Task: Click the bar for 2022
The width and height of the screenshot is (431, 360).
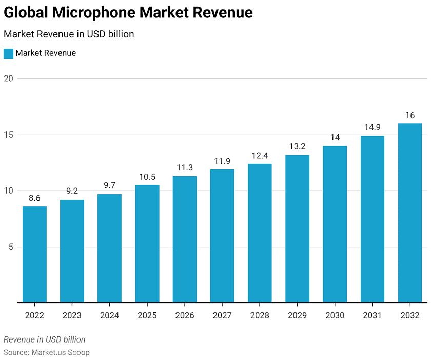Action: [x=34, y=255]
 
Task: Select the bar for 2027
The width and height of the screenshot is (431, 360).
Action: [x=222, y=236]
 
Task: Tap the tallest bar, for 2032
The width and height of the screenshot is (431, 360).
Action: [x=410, y=213]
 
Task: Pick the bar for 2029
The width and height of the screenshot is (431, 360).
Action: [x=298, y=229]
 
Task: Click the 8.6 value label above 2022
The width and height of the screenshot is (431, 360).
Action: [x=34, y=198]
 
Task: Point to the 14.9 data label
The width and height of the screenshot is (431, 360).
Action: [x=373, y=127]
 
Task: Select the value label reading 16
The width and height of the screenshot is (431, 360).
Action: [x=410, y=115]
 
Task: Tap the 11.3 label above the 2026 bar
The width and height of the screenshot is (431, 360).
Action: [x=185, y=167]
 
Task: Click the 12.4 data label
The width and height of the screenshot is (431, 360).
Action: [x=260, y=155]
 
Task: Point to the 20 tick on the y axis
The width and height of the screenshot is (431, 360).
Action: [x=8, y=79]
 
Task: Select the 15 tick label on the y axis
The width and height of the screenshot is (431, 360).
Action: [x=8, y=135]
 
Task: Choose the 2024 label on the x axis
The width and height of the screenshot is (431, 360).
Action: [x=109, y=315]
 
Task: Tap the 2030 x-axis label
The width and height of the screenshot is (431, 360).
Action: [x=335, y=315]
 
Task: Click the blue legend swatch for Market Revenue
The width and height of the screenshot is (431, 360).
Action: [x=8, y=53]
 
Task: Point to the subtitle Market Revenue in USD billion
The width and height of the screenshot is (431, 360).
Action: [x=69, y=34]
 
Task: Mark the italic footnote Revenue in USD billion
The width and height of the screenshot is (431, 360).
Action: [x=45, y=339]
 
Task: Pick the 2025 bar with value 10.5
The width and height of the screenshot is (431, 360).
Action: [x=147, y=244]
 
